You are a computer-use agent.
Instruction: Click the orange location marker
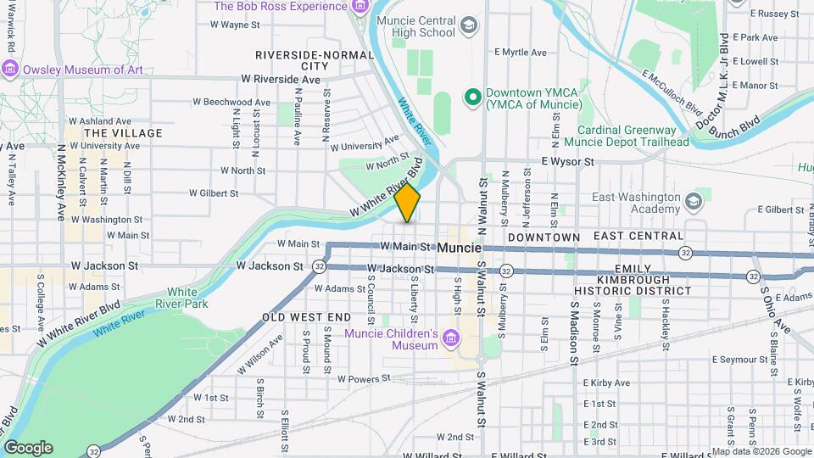coord(408,203)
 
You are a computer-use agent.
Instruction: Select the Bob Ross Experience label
coord(280,7)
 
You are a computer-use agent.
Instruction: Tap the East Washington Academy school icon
coord(694,203)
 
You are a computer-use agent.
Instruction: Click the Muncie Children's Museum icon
coord(451,339)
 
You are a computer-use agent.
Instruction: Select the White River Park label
coord(187,297)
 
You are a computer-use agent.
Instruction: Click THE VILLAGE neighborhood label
coord(123,133)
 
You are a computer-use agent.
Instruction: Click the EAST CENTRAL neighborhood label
coord(638,236)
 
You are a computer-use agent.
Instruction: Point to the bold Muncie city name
coord(460,248)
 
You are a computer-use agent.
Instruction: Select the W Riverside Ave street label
coord(281,79)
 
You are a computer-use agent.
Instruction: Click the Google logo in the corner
coord(27,447)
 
